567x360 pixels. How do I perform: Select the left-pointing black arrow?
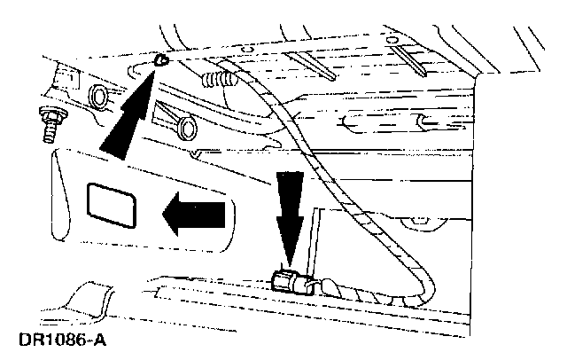point(194,215)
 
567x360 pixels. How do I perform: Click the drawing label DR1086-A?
point(54,340)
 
